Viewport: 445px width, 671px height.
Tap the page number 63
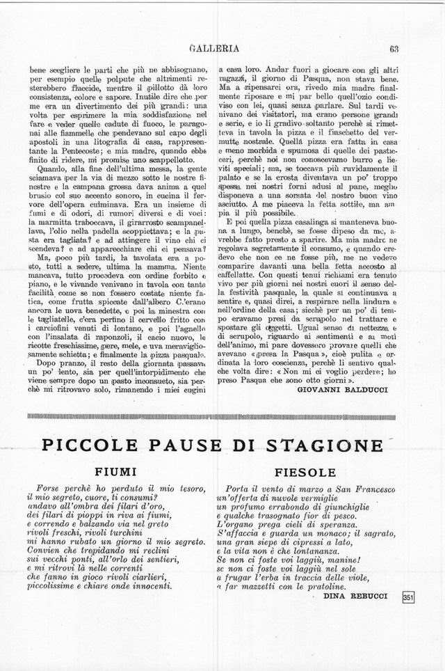coord(393,49)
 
